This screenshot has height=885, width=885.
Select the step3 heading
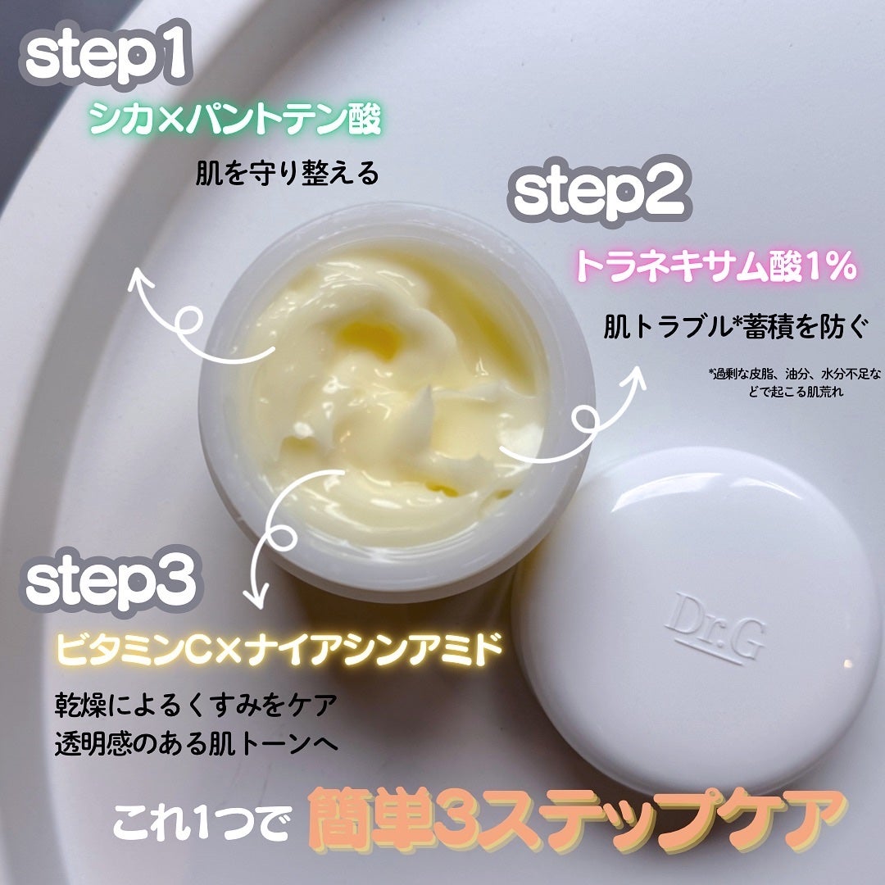click(x=110, y=582)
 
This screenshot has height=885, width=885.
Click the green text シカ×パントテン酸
click(x=235, y=121)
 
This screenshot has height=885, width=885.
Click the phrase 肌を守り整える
click(x=287, y=175)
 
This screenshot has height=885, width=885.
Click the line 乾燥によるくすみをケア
click(x=193, y=705)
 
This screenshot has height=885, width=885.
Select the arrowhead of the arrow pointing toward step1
click(x=140, y=278)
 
